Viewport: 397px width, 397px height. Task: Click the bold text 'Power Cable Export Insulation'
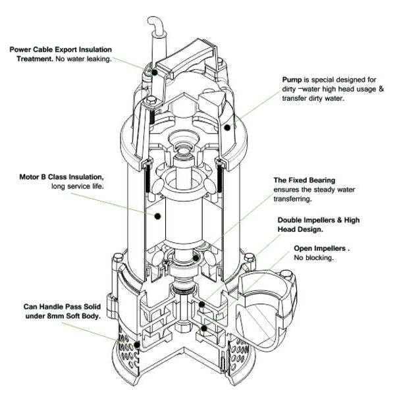tap(61, 50)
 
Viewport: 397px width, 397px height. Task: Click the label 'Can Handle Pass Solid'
tap(60, 307)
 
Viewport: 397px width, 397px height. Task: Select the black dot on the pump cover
tap(228, 127)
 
